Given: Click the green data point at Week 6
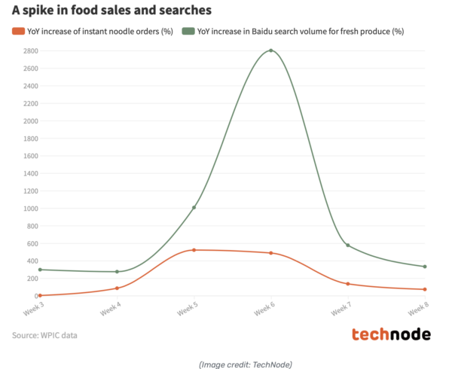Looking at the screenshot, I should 270,50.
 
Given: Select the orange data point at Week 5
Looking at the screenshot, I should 194,250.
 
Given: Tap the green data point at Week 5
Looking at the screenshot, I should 194,207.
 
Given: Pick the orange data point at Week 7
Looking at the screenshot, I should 348,284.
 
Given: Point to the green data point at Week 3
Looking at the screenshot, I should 39,270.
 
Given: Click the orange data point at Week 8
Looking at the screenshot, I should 425,289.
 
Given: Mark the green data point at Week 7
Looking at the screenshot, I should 348,245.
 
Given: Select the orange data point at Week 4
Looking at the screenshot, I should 117,288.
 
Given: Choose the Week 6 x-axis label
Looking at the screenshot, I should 264,310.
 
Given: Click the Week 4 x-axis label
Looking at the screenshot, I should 110,310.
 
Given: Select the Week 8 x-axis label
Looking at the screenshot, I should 418,310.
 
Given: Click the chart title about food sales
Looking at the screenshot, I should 111,11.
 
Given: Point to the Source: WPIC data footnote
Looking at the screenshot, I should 44,335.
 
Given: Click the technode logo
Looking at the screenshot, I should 391,334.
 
